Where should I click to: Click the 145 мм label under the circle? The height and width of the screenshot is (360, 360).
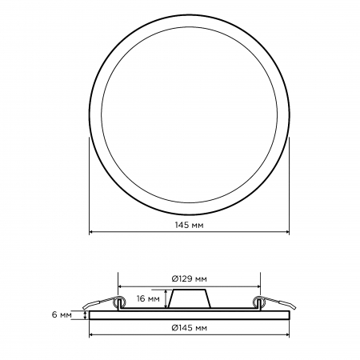[x=189, y=225]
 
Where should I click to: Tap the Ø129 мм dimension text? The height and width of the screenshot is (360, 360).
[x=189, y=279]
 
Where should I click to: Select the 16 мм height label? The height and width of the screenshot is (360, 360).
[x=148, y=298]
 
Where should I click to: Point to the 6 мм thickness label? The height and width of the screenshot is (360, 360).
[x=62, y=315]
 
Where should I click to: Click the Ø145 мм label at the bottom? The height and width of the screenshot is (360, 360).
[x=189, y=327]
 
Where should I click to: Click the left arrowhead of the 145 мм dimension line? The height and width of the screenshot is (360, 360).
[x=91, y=232]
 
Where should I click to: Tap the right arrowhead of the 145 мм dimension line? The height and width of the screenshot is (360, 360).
[x=287, y=232]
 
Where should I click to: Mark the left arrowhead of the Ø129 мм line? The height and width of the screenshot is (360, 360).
[x=120, y=286]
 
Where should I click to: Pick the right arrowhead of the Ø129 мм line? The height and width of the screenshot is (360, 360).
[x=258, y=286]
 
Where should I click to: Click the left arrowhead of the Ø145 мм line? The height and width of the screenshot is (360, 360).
[x=91, y=334]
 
